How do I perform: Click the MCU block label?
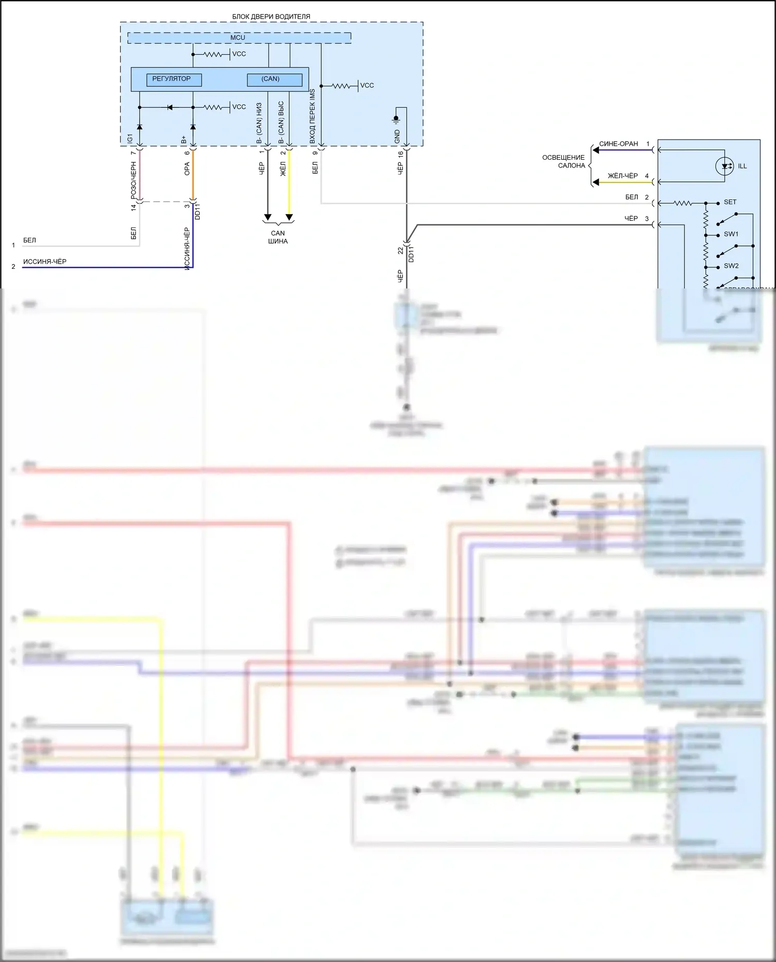[238, 38]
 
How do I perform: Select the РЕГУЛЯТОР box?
[174, 79]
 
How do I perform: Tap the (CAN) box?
[274, 80]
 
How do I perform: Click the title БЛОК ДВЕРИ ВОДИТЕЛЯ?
[271, 17]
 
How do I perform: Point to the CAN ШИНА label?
[278, 237]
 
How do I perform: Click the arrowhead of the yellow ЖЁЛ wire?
[289, 217]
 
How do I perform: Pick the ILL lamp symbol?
[724, 166]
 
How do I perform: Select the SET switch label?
[730, 202]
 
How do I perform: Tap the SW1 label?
[731, 234]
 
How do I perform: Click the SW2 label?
[731, 266]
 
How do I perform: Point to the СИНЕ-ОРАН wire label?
[619, 144]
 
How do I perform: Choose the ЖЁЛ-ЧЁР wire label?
[623, 176]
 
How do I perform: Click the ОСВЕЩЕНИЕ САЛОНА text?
[564, 161]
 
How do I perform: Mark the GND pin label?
[397, 136]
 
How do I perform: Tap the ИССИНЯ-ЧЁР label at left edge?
[45, 262]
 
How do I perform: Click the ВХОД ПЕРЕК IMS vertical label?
[312, 116]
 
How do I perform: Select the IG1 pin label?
[130, 139]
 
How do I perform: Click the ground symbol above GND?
[396, 119]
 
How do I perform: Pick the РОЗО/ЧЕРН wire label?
[133, 181]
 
